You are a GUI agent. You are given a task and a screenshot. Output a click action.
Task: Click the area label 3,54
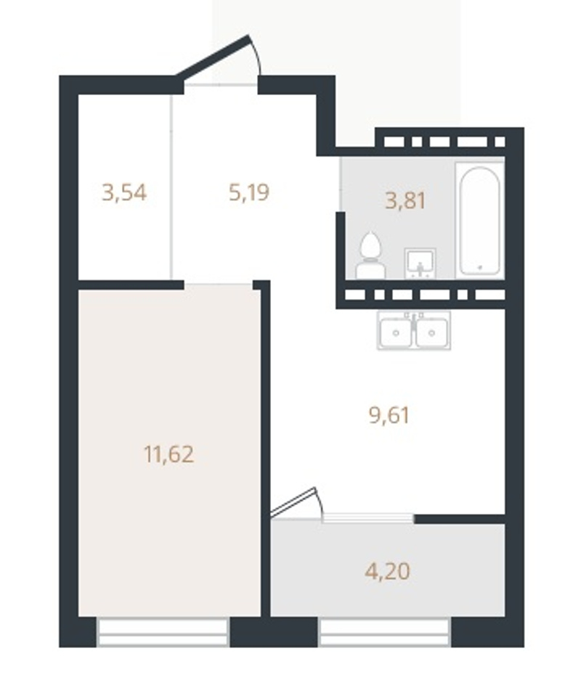click(124, 192)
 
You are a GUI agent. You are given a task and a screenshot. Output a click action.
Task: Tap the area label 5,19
click(249, 192)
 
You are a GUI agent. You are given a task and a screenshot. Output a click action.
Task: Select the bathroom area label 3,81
click(405, 201)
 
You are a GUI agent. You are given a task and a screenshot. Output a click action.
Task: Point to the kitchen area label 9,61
click(389, 416)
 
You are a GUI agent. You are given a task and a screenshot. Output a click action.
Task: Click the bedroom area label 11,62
click(169, 454)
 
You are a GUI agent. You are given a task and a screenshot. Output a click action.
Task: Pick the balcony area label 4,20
click(388, 571)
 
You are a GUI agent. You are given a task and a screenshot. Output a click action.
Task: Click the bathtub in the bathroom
click(479, 221)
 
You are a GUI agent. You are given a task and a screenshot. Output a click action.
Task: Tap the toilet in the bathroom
click(370, 255)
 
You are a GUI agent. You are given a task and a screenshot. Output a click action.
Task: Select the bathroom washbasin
click(420, 263)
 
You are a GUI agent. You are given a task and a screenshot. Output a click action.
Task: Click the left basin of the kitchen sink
click(396, 332)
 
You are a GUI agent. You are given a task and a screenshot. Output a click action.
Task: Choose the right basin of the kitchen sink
click(431, 332)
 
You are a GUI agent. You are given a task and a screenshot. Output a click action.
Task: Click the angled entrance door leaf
click(213, 57)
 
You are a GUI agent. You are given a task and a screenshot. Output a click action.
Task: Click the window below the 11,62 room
click(163, 632)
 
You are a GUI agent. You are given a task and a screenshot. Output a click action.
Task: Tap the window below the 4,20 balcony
click(385, 632)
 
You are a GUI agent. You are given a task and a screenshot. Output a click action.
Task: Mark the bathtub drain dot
click(480, 266)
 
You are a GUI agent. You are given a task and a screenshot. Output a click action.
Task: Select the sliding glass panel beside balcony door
click(368, 518)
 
